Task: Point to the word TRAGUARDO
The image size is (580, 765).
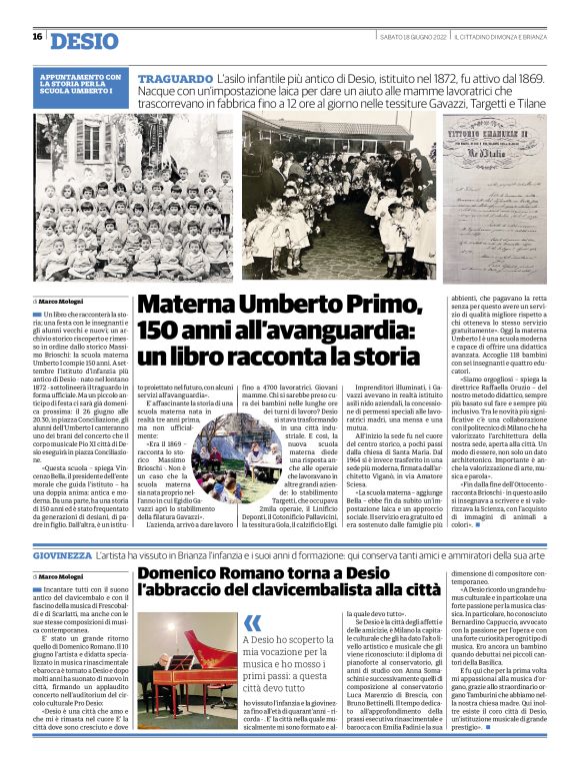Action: [x=174, y=77]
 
